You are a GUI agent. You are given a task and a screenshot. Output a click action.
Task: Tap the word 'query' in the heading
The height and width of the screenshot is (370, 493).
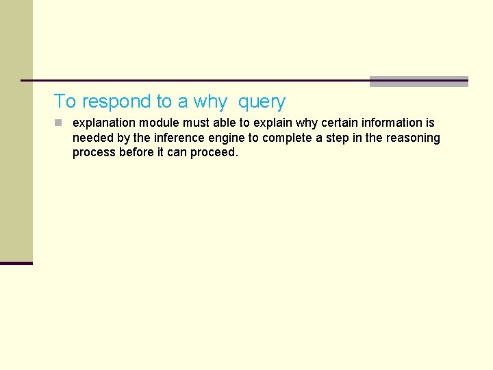[262, 102]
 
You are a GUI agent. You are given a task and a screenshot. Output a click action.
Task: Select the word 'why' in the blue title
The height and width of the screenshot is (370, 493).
[210, 102]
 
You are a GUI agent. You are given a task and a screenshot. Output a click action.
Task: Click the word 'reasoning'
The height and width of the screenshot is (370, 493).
[412, 138]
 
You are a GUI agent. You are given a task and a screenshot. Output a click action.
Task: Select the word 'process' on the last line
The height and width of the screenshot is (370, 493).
[94, 153]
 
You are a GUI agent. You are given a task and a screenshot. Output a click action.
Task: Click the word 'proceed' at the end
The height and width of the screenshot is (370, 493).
[214, 153]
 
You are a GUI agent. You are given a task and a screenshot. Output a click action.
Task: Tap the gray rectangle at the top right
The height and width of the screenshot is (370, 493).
[418, 81]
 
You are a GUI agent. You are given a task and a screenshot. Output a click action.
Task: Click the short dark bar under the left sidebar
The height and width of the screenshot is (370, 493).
[16, 263]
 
